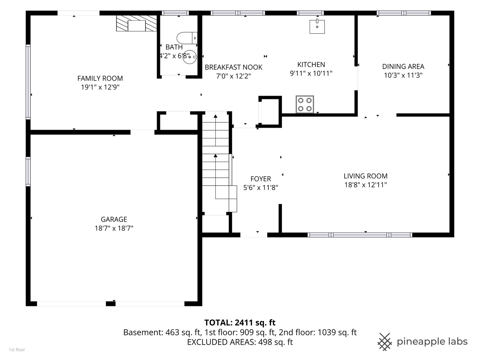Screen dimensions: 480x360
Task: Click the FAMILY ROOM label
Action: click(100, 78)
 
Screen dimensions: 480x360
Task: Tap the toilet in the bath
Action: click(187, 38)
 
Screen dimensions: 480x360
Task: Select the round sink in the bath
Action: click(189, 57)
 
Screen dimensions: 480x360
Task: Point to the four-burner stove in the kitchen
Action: click(305, 104)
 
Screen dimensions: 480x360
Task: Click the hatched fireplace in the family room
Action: click(136, 23)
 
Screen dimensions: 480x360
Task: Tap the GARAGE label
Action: click(114, 219)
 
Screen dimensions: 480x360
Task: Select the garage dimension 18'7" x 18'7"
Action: click(114, 228)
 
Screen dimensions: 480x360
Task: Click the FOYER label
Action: click(261, 179)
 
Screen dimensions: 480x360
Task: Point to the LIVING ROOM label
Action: click(365, 176)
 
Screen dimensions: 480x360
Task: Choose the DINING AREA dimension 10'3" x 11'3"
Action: click(403, 75)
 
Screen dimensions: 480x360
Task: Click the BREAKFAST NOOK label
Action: click(233, 67)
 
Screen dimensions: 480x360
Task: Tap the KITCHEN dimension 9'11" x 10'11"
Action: click(311, 73)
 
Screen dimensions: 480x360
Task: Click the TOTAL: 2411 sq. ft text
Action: click(240, 322)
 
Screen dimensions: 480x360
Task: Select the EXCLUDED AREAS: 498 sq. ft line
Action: click(240, 342)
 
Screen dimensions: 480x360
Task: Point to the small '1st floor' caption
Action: click(17, 350)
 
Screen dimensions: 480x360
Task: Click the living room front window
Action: click(360, 235)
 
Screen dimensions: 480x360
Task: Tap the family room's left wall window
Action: click(28, 82)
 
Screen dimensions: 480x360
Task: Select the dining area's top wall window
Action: click(404, 13)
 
